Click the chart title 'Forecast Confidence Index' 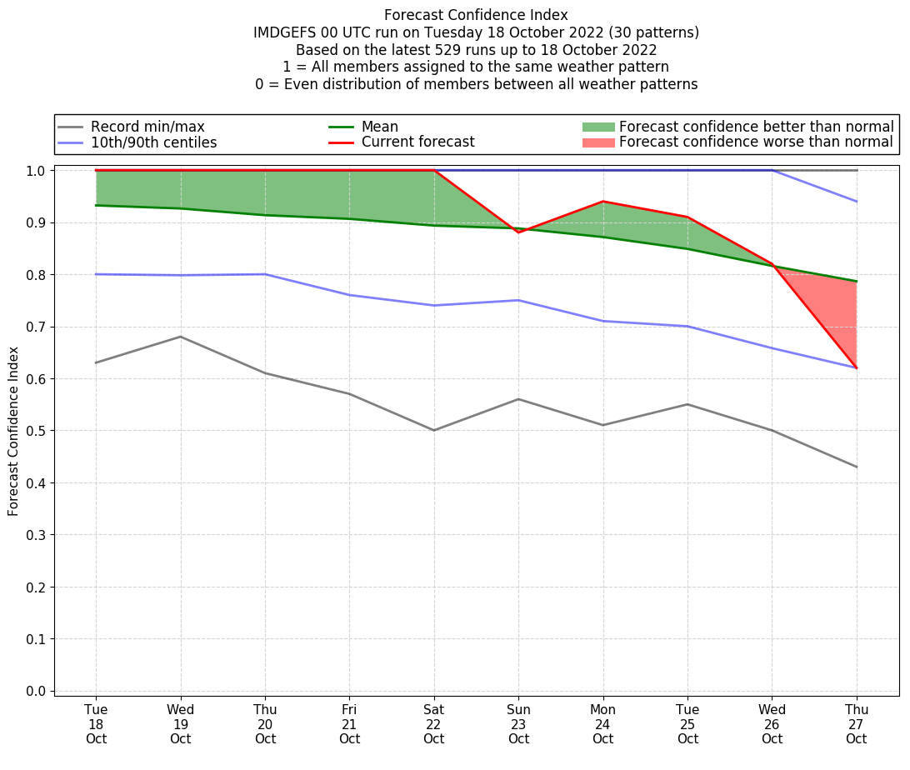pos(476,15)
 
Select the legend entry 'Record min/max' pos(147,127)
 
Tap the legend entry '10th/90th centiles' pos(153,142)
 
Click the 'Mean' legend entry pos(379,127)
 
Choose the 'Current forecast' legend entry pos(417,142)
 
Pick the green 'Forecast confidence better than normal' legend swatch pos(597,127)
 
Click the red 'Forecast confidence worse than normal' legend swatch pos(597,142)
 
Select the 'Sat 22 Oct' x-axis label pos(433,724)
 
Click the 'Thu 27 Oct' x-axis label pos(856,724)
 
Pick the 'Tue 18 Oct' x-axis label pos(96,724)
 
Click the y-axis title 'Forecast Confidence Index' pos(13,431)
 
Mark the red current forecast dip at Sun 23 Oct pos(518,232)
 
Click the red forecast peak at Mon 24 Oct pos(602,202)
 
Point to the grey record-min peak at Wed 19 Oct pos(180,337)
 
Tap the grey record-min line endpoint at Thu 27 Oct pos(856,467)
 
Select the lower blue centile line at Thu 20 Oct pos(265,274)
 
